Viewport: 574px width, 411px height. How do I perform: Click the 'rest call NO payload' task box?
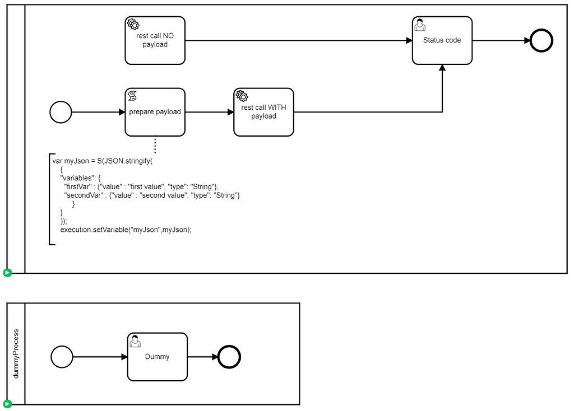(x=155, y=40)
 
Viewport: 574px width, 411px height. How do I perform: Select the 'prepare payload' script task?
(x=155, y=112)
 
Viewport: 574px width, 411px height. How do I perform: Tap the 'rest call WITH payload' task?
(x=263, y=112)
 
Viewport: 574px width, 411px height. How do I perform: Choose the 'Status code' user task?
(x=442, y=40)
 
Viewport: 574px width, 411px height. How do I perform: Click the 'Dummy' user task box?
(x=157, y=357)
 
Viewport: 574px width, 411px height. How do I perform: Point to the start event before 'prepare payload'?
(x=61, y=112)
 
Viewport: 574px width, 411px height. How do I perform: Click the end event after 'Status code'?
(x=541, y=40)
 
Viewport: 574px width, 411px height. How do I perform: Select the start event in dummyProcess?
(x=62, y=357)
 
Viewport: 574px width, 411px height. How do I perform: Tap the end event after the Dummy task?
(x=229, y=357)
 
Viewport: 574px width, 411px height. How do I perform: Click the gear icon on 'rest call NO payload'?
(x=133, y=24)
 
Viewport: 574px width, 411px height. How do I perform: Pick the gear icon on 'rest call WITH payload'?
(x=242, y=96)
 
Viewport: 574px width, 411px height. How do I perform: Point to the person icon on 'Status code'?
(x=419, y=25)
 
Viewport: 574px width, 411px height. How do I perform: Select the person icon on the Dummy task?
(x=135, y=341)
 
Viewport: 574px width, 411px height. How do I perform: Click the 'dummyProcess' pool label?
(x=16, y=353)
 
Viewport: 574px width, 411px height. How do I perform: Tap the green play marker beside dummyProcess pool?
(x=7, y=404)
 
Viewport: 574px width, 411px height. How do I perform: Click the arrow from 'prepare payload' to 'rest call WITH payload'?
(x=209, y=112)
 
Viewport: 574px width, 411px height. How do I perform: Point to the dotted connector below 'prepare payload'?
(x=155, y=144)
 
